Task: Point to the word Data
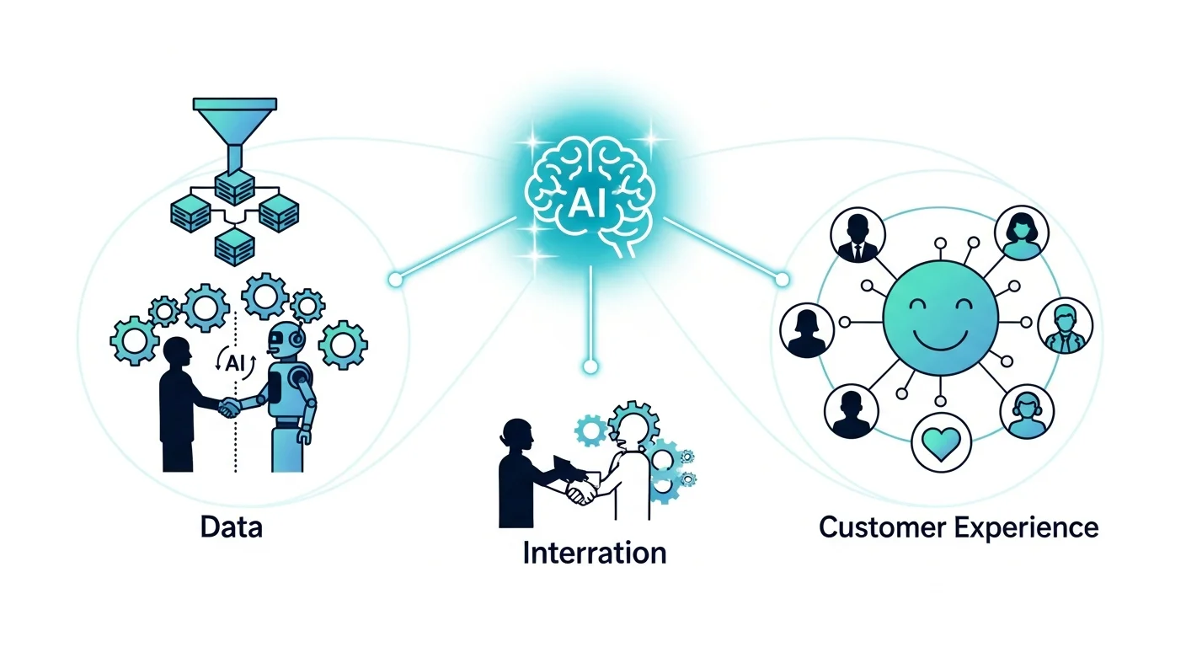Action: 232,527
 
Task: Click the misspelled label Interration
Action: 594,553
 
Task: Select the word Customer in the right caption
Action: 881,528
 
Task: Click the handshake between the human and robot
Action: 230,408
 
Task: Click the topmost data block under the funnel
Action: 234,187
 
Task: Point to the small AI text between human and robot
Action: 234,362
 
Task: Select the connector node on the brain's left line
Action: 394,279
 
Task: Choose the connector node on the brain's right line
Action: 782,279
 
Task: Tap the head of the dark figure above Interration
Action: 516,433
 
